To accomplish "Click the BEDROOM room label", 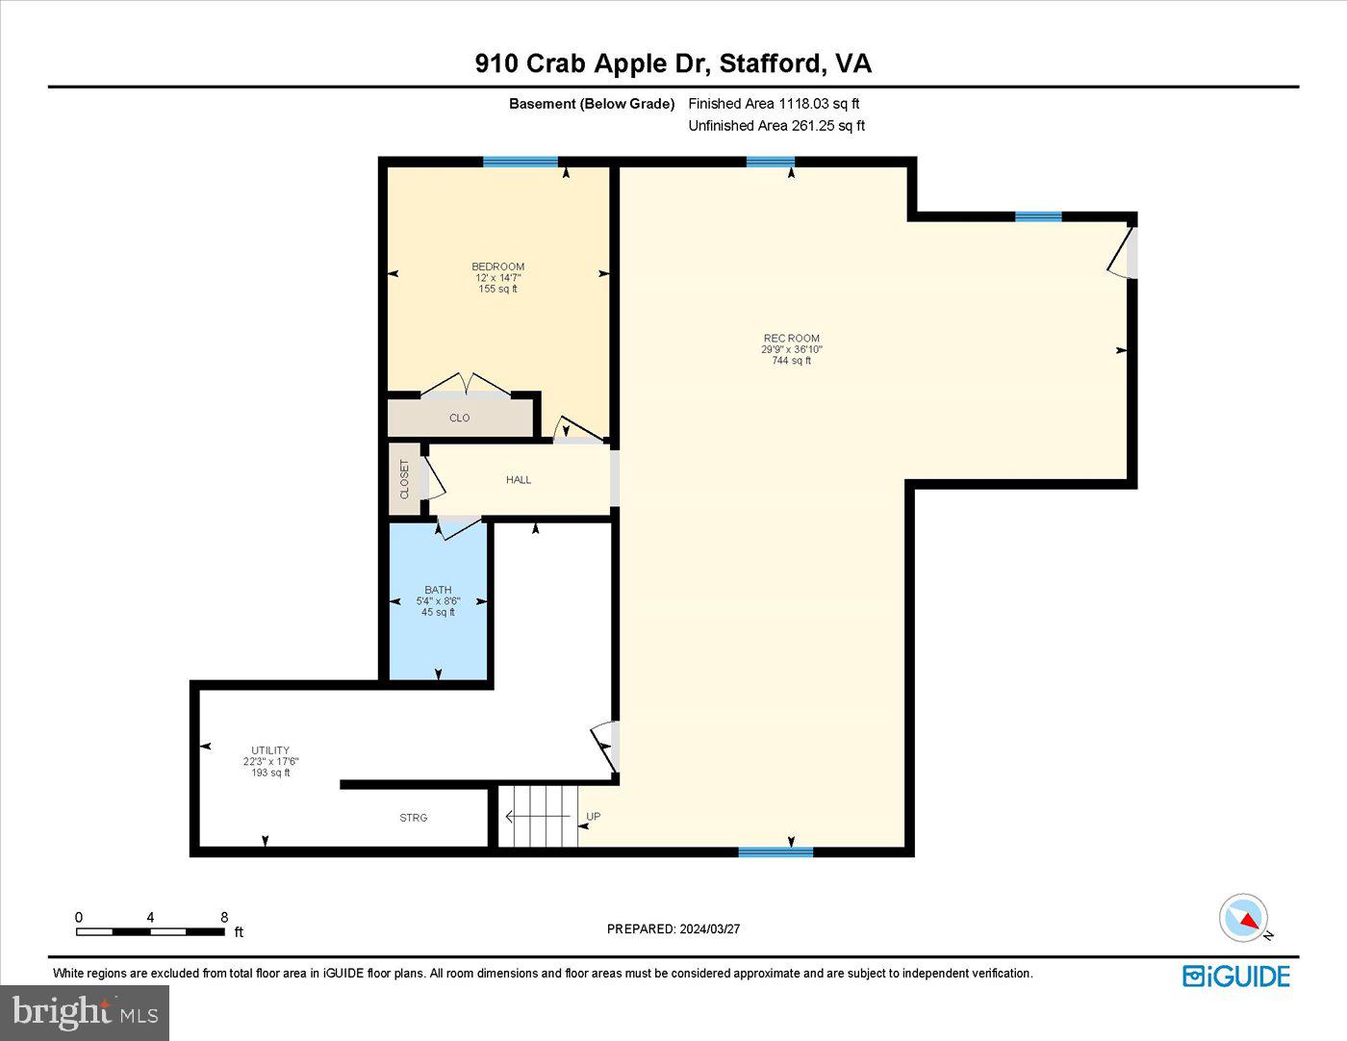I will click(497, 267).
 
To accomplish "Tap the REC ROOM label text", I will click(791, 339).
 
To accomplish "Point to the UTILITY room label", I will click(270, 750).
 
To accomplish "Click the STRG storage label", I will click(414, 818).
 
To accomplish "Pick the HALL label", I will click(519, 480).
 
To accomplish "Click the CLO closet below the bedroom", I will click(460, 419).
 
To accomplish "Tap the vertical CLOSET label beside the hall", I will click(404, 479).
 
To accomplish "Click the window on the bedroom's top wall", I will click(521, 162).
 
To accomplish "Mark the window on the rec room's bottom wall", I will click(775, 851).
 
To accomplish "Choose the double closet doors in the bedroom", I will click(466, 386).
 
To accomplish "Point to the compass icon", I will click(1243, 918).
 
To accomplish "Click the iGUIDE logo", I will click(1236, 976).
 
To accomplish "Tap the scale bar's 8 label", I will click(224, 918).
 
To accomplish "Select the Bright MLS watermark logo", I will click(85, 1012).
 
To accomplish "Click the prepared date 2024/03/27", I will click(709, 929).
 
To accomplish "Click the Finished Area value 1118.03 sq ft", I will click(819, 104).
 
